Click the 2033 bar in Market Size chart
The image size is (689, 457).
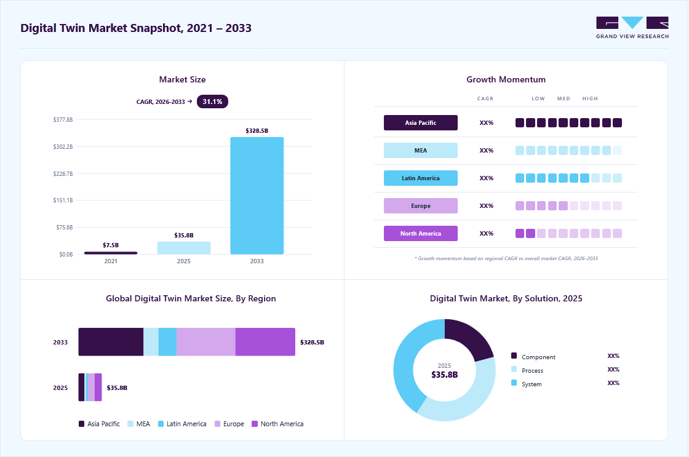(257, 196)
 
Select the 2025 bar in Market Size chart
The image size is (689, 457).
(184, 248)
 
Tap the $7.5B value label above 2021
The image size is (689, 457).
(111, 245)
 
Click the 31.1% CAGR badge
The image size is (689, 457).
(212, 101)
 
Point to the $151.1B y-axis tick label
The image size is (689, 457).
(63, 201)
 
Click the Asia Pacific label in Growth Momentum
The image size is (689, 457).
(421, 122)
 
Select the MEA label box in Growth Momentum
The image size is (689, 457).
(421, 150)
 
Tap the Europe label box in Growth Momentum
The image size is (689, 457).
(421, 205)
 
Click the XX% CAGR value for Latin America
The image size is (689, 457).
(487, 178)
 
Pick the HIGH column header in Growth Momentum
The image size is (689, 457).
(590, 98)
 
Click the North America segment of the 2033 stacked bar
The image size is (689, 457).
(265, 342)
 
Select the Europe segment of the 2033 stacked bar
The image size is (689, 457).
(206, 342)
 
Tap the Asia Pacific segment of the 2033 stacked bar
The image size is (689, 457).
(111, 342)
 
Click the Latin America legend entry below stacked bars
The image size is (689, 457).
(182, 424)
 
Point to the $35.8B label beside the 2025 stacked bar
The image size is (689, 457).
(117, 387)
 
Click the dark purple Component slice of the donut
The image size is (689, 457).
(467, 338)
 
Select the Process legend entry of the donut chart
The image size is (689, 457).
(527, 370)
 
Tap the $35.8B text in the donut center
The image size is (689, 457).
(444, 375)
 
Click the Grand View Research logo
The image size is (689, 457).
(632, 28)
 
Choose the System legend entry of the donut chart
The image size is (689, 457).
(527, 384)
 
